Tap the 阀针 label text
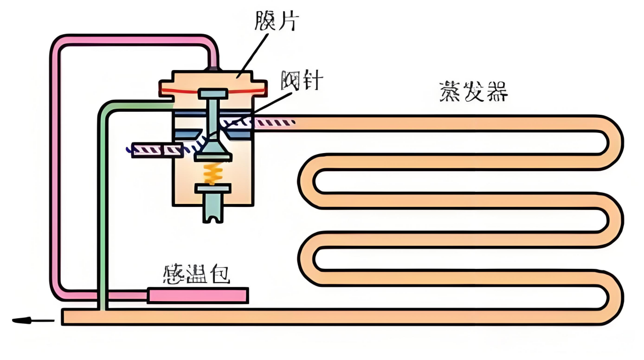(x=301, y=81)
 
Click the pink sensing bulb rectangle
(x=198, y=296)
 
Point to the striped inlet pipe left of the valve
(x=156, y=150)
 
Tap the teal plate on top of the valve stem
(x=213, y=94)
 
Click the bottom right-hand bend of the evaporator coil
(x=613, y=297)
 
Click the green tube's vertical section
(x=103, y=201)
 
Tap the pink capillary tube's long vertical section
(x=55, y=166)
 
